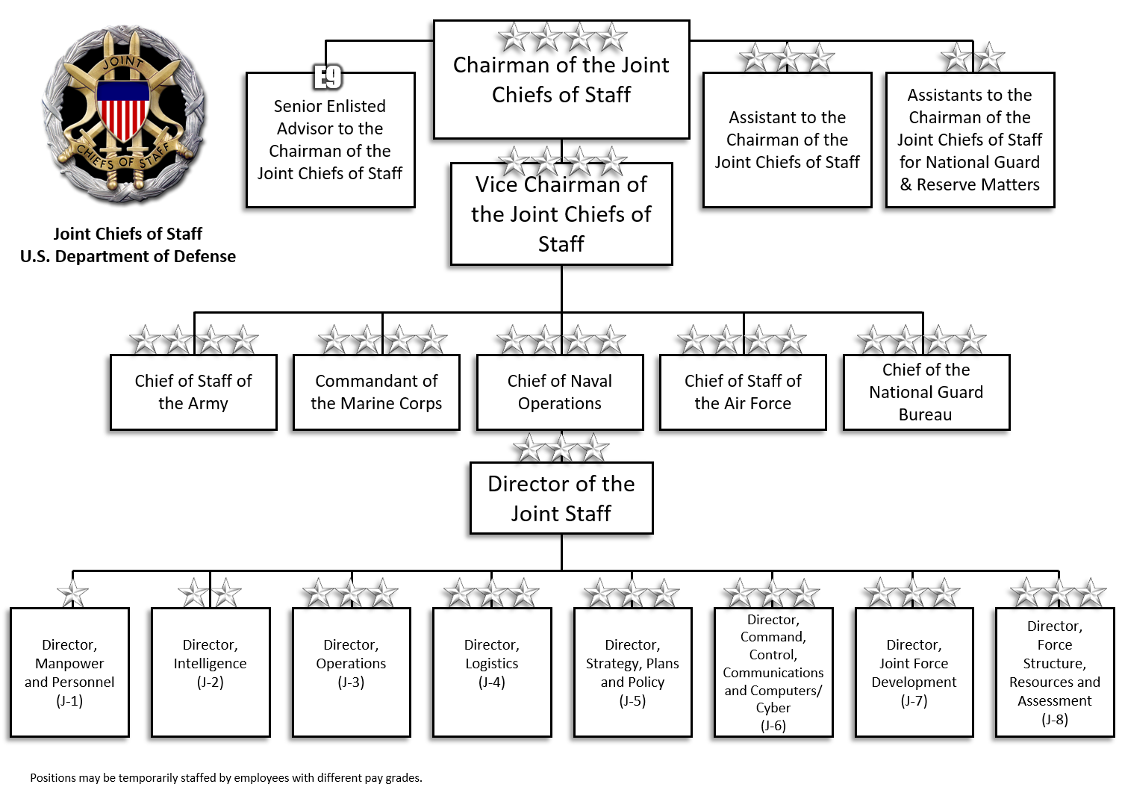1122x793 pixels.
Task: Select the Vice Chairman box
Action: click(561, 214)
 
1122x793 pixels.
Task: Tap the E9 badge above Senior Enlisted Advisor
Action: click(328, 76)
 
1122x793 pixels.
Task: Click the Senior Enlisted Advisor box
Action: click(330, 140)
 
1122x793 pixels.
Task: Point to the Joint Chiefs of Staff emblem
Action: click(124, 116)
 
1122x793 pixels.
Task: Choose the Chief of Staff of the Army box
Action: click(193, 393)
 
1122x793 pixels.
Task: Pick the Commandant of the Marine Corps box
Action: click(376, 393)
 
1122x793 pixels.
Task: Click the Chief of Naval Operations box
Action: click(560, 393)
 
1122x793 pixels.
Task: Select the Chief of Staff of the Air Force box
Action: click(743, 393)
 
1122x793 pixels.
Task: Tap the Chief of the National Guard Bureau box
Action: click(926, 393)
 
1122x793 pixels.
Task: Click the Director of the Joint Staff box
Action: click(561, 498)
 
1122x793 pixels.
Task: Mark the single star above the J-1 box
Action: click(72, 594)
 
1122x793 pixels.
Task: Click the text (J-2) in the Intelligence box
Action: click(211, 682)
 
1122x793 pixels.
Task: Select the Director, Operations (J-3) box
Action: click(351, 672)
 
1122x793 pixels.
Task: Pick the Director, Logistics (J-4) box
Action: click(492, 672)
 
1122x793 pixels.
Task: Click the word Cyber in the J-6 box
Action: click(773, 707)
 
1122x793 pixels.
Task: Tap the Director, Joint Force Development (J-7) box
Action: click(914, 672)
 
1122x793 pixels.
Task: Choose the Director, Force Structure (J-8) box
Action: click(1055, 672)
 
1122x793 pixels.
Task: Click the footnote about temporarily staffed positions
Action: click(226, 778)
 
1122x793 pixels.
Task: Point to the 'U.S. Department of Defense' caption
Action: click(128, 256)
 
